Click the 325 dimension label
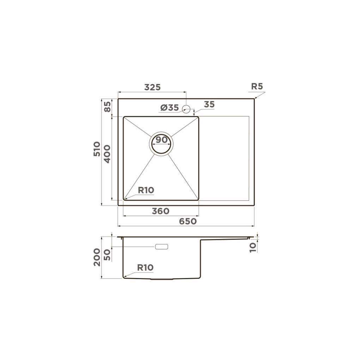click(x=152, y=87)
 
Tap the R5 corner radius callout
click(x=257, y=86)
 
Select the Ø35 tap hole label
click(x=169, y=108)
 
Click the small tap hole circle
click(x=186, y=109)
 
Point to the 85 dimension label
click(x=107, y=107)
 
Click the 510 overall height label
click(x=97, y=149)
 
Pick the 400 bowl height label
click(x=107, y=154)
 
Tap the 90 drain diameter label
click(x=161, y=140)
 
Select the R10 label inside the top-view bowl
click(x=146, y=190)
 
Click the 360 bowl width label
click(x=161, y=211)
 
